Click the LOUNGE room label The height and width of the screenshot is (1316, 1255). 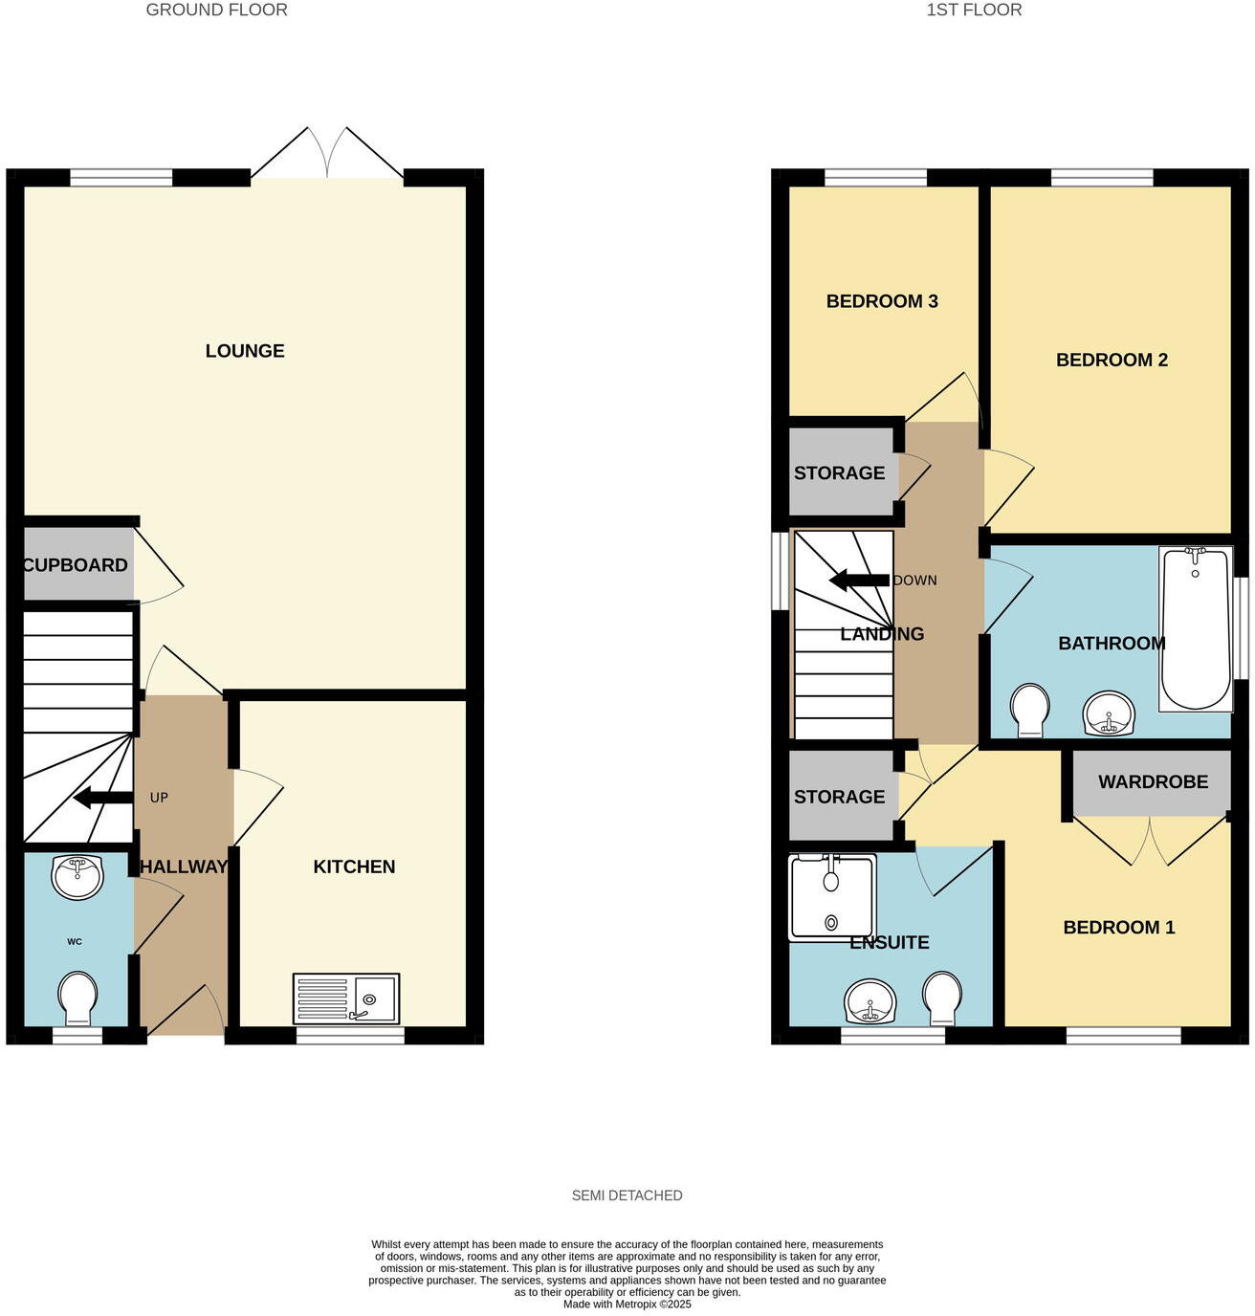pos(245,351)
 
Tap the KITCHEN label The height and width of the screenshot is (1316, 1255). pos(354,866)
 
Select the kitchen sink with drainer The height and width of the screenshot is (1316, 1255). pos(345,998)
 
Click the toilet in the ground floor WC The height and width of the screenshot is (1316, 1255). pos(77,998)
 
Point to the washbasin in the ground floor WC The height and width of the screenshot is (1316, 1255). pos(77,876)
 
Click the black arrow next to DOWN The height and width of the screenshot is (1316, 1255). pos(859,581)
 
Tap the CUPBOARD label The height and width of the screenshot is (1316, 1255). pos(76,565)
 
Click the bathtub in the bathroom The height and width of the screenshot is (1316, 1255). pos(1196,628)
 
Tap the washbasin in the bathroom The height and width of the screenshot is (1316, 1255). pos(1109,713)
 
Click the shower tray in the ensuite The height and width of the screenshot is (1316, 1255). pos(831,896)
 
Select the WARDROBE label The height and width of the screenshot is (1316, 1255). pos(1153,782)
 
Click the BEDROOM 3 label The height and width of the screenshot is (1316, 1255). pos(882,301)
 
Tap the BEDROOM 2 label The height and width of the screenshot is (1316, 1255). pos(1112,361)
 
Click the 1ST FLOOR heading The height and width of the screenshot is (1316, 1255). pos(974,11)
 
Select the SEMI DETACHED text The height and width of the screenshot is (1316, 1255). pos(627,1195)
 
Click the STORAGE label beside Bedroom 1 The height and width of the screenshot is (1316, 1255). pos(839,797)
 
